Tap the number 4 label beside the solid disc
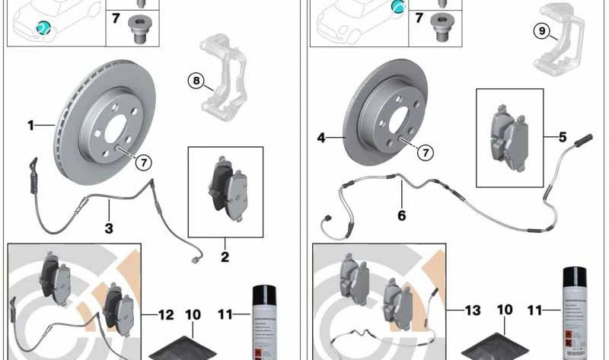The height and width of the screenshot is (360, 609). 320,138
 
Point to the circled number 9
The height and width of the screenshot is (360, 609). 542,31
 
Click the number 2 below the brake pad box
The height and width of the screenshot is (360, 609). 225,257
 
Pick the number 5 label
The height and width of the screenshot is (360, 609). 563,138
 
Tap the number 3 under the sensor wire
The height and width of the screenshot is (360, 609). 109,226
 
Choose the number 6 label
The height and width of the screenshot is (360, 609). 401,215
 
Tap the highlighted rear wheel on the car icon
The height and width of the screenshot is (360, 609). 397,8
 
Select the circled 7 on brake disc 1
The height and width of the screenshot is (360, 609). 142,161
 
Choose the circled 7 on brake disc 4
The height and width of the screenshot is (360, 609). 424,153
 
